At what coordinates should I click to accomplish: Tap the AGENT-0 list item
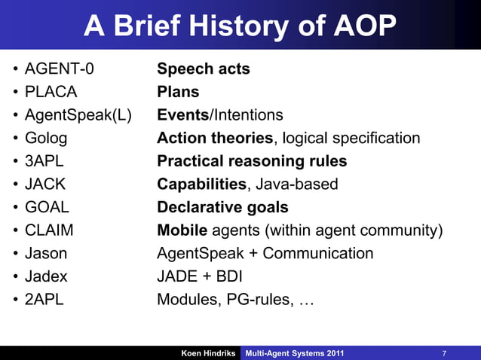point(60,69)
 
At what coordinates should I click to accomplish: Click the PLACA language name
point(51,93)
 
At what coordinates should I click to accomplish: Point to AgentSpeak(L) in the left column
point(78,115)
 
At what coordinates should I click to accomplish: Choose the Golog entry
point(46,138)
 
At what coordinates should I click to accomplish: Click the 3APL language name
point(44,161)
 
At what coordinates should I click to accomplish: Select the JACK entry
point(46,184)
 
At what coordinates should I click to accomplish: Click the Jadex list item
point(46,276)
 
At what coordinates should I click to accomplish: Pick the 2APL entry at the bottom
point(44,299)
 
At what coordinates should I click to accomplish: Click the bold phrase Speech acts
point(204,69)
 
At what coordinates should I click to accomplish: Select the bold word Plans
point(178,93)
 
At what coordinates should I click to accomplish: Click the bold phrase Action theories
point(215,138)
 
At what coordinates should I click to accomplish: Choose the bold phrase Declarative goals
point(222,207)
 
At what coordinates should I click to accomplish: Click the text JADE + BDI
point(199,276)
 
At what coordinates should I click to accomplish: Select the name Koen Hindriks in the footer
point(207,353)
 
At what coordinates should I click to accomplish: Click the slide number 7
point(445,353)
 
